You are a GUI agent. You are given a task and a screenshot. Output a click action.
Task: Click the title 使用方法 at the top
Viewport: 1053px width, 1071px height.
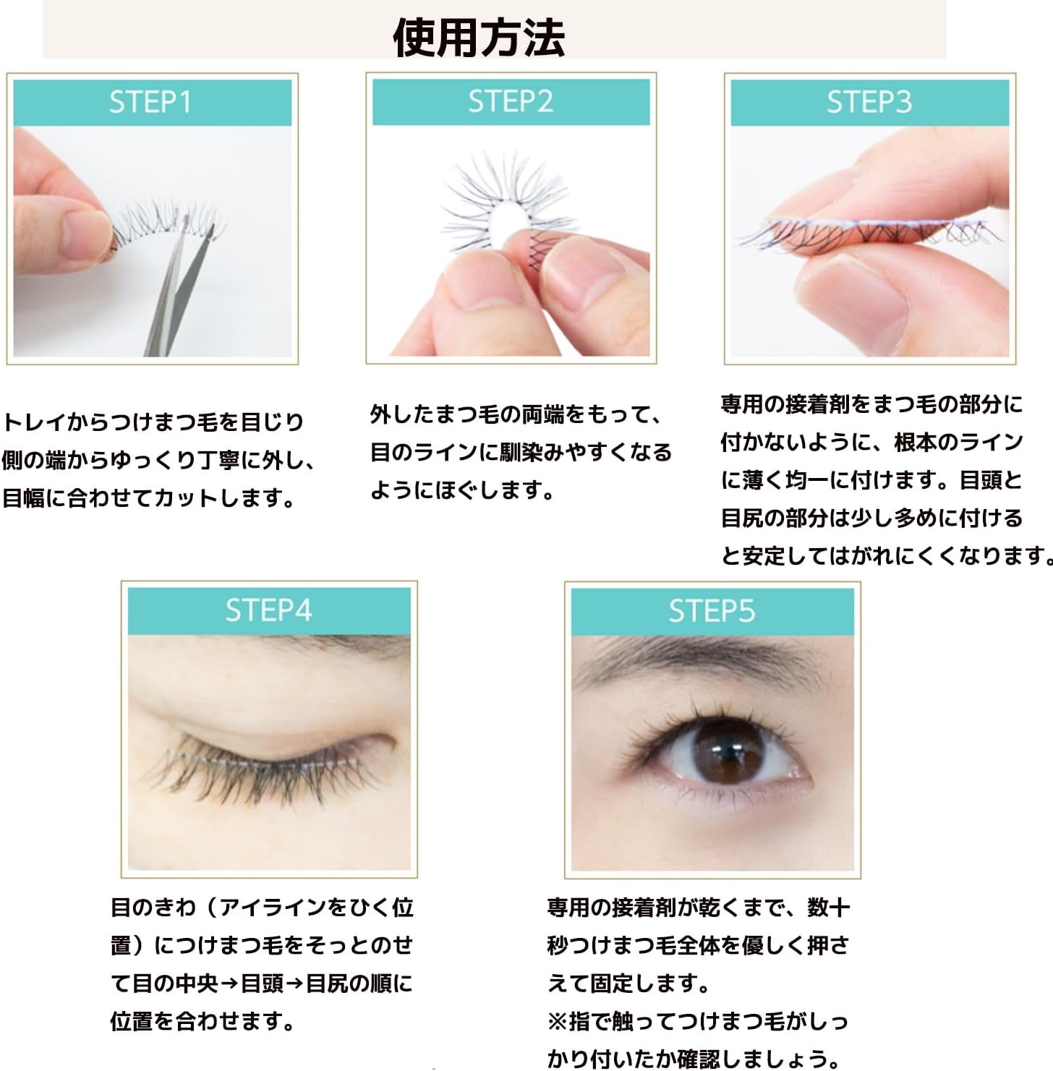(479, 38)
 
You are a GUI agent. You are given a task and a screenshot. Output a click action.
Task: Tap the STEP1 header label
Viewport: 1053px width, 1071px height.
(150, 102)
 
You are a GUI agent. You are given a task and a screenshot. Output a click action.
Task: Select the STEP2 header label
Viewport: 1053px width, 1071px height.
(510, 101)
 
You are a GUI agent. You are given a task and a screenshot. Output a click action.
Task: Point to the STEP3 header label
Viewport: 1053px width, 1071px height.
(869, 102)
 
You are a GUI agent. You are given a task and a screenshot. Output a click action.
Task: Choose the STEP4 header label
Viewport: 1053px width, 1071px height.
(268, 610)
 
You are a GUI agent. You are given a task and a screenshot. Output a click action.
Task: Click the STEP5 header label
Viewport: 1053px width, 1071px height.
(712, 611)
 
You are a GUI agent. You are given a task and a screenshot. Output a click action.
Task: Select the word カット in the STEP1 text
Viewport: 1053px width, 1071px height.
(187, 498)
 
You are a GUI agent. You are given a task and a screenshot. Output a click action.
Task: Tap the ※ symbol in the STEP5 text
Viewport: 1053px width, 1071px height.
(558, 1021)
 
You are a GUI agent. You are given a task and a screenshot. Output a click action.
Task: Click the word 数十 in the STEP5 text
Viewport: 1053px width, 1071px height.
(828, 908)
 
